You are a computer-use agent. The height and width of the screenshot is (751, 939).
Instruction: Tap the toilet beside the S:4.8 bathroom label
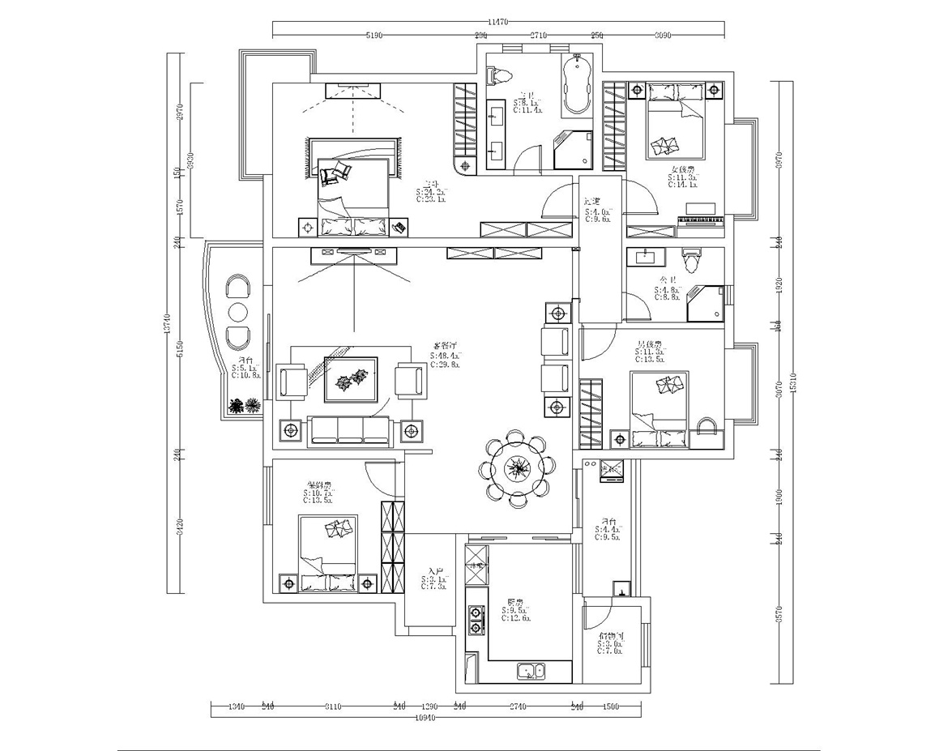691,261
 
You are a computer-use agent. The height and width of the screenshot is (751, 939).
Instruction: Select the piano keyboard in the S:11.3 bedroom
702,220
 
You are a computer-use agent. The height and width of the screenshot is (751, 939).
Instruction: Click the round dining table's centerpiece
516,468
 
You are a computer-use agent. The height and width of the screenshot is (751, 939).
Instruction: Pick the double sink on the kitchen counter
531,670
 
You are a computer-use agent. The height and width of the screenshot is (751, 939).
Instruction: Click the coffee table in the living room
351,378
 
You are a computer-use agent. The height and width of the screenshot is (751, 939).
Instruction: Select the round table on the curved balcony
237,313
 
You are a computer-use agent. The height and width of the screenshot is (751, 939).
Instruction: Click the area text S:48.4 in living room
443,356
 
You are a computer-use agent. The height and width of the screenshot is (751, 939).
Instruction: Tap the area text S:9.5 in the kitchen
516,610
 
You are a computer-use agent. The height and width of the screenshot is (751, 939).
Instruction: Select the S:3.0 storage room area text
610,644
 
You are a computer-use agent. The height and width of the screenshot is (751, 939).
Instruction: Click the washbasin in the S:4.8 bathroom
647,258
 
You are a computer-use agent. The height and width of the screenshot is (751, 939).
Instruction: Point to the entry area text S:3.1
434,580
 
